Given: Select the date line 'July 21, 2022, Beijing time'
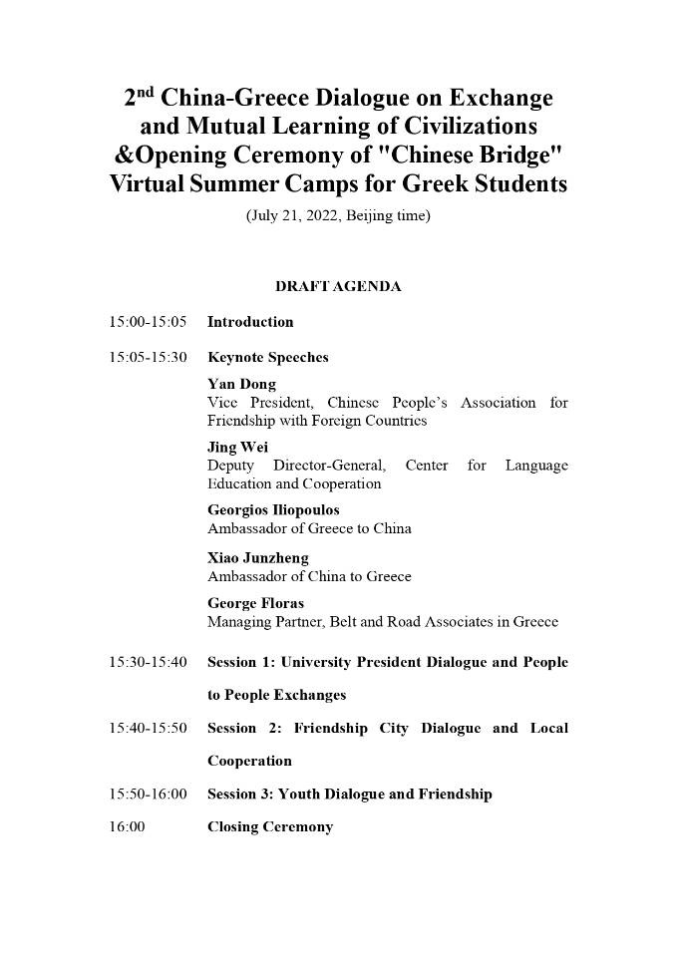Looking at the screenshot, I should pyautogui.click(x=338, y=215).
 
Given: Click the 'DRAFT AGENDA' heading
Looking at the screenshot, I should pyautogui.click(x=338, y=286).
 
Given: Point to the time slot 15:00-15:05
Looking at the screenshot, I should pyautogui.click(x=148, y=322).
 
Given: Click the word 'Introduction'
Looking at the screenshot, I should pyautogui.click(x=250, y=322).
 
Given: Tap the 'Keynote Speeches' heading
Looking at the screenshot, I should pyautogui.click(x=267, y=357).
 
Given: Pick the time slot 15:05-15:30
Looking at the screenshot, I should pyautogui.click(x=148, y=357).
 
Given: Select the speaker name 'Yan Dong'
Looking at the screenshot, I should pyautogui.click(x=241, y=384).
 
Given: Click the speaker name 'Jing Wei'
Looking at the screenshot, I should pyautogui.click(x=237, y=448).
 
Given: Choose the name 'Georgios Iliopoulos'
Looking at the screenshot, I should pyautogui.click(x=273, y=510).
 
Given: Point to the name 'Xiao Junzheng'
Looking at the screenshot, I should pyautogui.click(x=257, y=558).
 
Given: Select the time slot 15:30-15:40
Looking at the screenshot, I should pyautogui.click(x=148, y=662).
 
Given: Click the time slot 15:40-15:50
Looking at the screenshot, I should pyautogui.click(x=148, y=728).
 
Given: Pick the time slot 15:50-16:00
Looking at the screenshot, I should pyautogui.click(x=148, y=794).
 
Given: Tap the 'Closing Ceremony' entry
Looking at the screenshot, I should pyautogui.click(x=269, y=826).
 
